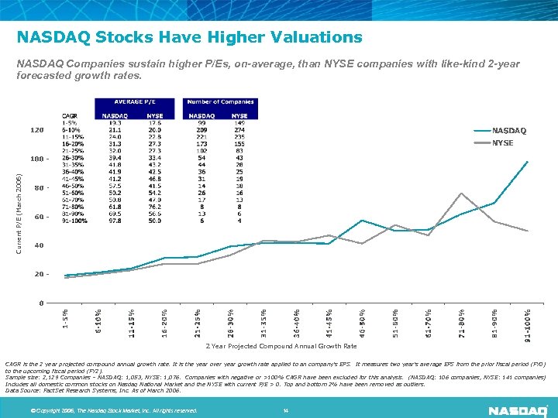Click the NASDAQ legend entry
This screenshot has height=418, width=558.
pyautogui.click(x=509, y=131)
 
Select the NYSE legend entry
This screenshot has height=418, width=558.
pyautogui.click(x=503, y=143)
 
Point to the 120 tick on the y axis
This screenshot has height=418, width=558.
pyautogui.click(x=37, y=130)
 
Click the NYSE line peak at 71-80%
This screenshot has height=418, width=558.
pyautogui.click(x=462, y=193)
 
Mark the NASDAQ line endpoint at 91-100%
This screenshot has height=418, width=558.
pyautogui.click(x=528, y=161)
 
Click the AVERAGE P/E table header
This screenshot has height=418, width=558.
pyautogui.click(x=136, y=102)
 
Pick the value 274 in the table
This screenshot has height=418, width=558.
pyautogui.click(x=239, y=131)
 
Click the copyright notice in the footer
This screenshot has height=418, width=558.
pyautogui.click(x=113, y=409)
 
